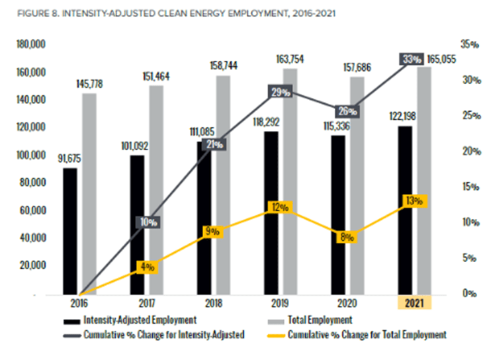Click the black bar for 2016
(70, 232)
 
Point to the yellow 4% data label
(146, 267)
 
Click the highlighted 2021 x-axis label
(414, 303)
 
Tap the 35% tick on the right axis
(469, 44)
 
